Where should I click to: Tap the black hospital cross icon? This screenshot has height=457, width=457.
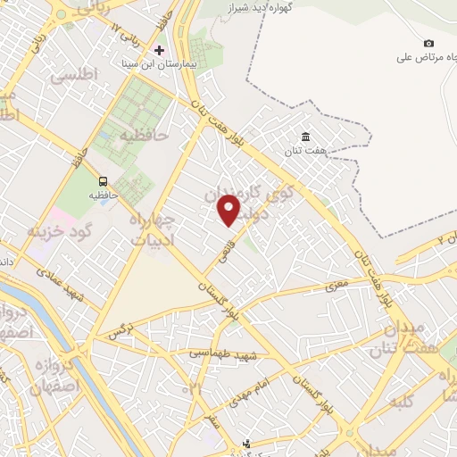(160, 50)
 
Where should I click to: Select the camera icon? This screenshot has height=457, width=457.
(429, 44)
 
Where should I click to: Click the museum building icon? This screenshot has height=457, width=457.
(306, 136)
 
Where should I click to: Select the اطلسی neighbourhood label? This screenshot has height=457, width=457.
(76, 78)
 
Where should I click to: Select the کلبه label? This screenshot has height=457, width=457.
(405, 402)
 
